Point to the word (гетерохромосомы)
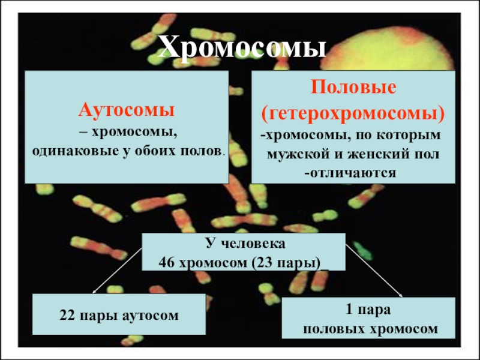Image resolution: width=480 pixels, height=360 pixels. [353, 113]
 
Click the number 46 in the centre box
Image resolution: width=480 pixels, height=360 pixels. [167, 263]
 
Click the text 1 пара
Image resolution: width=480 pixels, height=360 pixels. [368, 310]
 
